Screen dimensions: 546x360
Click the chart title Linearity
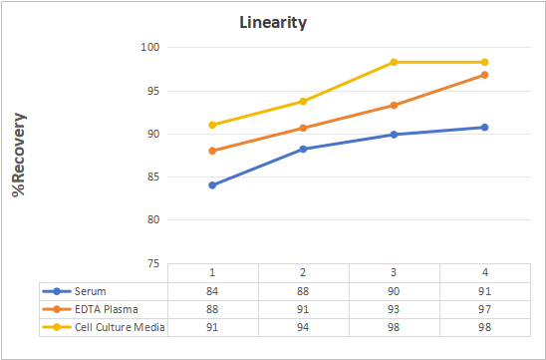pos(273,23)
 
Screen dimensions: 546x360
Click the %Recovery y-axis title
pos(19,155)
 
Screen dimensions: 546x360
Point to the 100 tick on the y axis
pos(150,47)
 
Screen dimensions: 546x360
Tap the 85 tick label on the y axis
pos(152,178)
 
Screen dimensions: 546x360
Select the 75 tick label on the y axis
pos(152,264)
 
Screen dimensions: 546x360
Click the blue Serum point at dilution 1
pos(212,185)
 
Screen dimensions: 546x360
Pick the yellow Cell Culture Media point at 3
pos(394,62)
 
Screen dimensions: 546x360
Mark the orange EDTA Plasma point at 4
pos(484,75)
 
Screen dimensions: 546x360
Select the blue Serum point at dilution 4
pos(484,128)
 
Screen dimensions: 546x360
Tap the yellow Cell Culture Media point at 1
pos(212,125)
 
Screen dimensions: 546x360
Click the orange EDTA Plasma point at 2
pos(303,128)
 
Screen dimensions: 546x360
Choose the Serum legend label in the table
pos(91,291)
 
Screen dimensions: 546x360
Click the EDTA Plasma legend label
pos(107,309)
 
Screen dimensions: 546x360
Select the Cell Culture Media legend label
pos(120,327)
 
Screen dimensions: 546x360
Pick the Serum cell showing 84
pos(212,291)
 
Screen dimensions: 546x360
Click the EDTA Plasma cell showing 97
pos(484,309)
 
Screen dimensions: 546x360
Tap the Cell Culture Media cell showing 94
pos(303,327)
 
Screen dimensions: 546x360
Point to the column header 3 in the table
pos(394,272)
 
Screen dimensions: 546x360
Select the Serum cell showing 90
pos(394,291)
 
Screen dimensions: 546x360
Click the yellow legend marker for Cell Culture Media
pos(57,327)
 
